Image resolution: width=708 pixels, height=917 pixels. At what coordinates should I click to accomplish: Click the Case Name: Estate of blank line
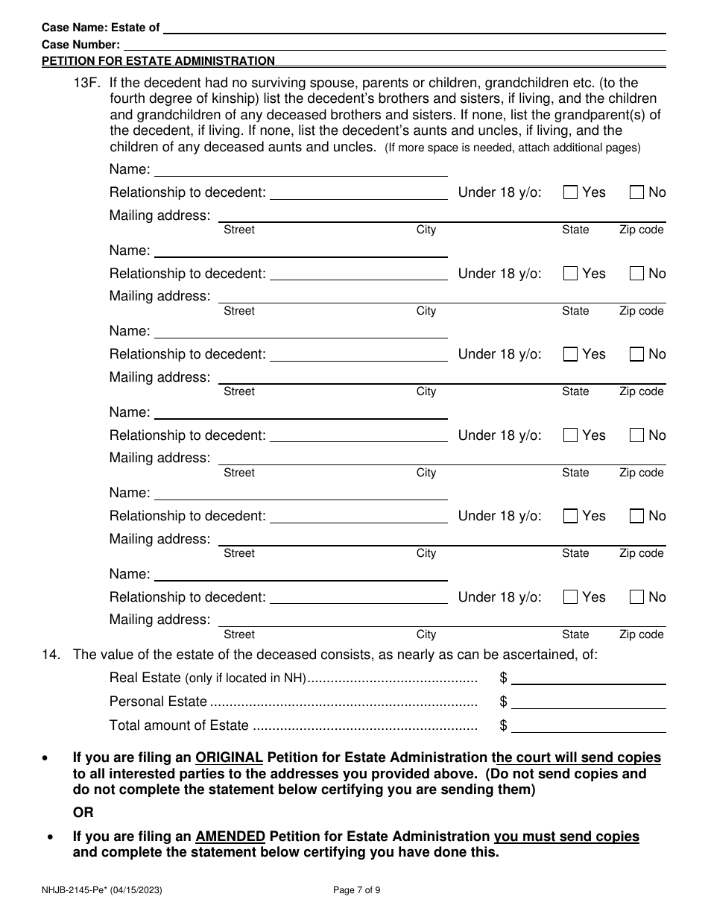pos(414,28)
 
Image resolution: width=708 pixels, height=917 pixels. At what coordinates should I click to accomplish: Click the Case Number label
pos(80,45)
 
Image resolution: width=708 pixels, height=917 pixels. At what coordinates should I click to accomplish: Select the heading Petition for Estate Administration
pos(158,61)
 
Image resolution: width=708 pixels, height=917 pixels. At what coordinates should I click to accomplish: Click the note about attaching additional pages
pos(512,148)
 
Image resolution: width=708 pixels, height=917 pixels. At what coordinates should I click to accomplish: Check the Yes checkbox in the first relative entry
pos(571,192)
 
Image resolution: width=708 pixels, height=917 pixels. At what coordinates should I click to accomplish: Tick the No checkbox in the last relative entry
pos(636,597)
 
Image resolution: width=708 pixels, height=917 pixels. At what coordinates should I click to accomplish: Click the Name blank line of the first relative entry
pos(300,170)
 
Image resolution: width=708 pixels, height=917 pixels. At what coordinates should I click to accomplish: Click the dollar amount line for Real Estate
pos(588,678)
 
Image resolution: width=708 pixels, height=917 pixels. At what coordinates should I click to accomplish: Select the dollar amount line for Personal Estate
pos(588,702)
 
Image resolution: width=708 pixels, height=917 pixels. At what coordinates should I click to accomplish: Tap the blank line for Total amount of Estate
pos(588,726)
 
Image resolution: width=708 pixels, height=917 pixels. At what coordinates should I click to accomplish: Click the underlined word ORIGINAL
pos(229,757)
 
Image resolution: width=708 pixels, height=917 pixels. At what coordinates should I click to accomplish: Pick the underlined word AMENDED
pos(230,836)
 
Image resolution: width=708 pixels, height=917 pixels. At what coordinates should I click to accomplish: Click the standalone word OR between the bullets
pos(83,813)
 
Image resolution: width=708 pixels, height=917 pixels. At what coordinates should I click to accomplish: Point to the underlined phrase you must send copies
pos(566,836)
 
